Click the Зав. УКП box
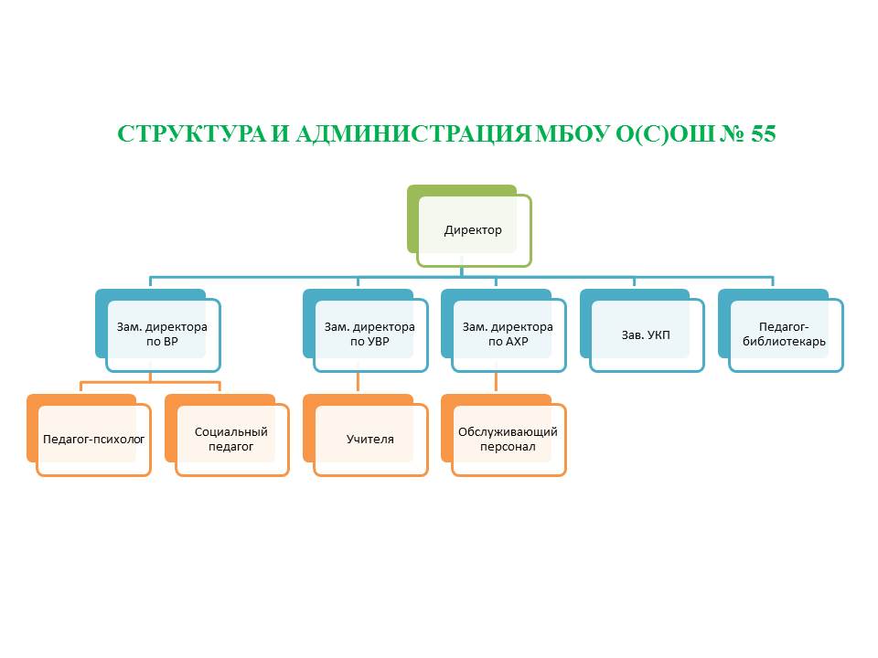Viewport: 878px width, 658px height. pos(647,335)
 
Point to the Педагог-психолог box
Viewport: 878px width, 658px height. pos(93,440)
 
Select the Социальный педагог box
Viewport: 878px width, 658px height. pos(231,440)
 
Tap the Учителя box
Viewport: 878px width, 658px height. pos(370,440)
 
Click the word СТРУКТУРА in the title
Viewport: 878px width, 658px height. pos(191,134)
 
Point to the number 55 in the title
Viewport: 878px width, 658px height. pos(763,134)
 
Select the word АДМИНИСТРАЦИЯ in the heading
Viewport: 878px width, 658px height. pos(412,134)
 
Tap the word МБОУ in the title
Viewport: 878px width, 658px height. pos(572,134)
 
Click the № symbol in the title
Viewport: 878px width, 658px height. pos(732,134)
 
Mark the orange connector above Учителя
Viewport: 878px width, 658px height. pos(358,383)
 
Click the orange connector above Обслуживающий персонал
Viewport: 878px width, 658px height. pos(496,383)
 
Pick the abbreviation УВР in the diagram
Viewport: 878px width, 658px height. pos(378,342)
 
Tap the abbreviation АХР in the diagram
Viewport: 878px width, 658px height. pos(516,342)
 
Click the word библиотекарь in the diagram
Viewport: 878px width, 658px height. pos(784,342)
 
